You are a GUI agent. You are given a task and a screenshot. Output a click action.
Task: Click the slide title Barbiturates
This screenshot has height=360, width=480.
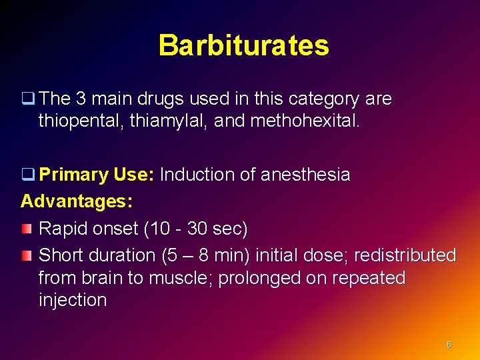[x=243, y=45]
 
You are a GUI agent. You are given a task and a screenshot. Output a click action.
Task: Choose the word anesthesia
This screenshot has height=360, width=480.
[x=305, y=175]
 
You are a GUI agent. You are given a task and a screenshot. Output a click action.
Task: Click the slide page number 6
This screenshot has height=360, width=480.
[x=449, y=345]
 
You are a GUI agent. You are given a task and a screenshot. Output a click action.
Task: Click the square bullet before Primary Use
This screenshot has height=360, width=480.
[x=27, y=175]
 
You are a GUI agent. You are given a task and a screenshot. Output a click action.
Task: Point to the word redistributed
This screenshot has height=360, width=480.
[x=405, y=255]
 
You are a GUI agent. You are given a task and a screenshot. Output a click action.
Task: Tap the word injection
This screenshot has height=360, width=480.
[x=73, y=300]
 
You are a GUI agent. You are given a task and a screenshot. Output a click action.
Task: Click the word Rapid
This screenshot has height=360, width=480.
[x=63, y=229]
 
